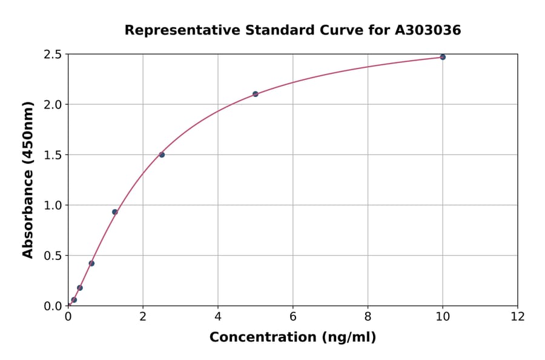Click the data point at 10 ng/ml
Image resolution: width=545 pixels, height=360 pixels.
tap(443, 57)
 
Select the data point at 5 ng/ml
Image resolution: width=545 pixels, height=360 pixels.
tap(256, 94)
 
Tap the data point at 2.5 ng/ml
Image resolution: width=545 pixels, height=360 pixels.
tap(162, 155)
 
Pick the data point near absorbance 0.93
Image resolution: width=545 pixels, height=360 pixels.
tap(115, 212)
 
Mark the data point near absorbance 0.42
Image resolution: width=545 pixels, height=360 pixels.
tap(91, 263)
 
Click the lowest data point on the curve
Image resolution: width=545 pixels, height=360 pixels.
tap(74, 300)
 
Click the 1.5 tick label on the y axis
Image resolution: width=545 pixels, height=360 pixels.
tap(53, 155)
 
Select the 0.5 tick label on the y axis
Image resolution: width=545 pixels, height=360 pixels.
tap(53, 256)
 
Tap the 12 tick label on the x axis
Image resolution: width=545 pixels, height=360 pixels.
tap(518, 316)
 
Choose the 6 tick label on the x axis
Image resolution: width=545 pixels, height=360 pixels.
tap(293, 316)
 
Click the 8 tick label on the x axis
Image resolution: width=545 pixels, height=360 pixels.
tap(368, 316)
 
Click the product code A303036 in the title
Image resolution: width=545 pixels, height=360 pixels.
tap(428, 30)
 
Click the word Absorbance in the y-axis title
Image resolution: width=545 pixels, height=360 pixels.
tap(28, 208)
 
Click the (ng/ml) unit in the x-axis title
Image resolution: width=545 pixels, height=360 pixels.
tap(350, 337)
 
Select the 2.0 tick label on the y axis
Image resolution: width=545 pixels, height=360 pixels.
tap(53, 105)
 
